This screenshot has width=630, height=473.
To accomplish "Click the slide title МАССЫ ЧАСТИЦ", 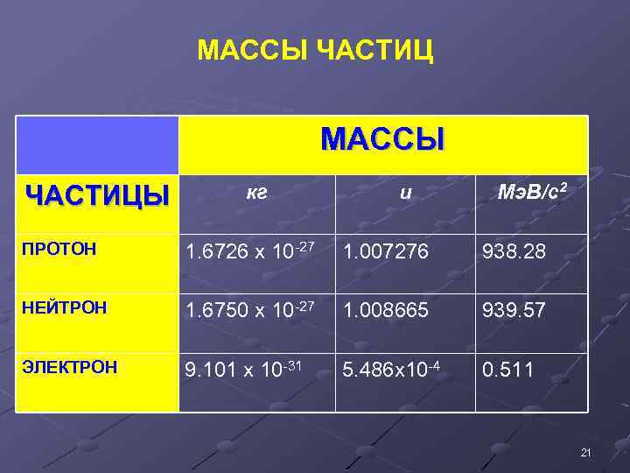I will pyautogui.click(x=315, y=51).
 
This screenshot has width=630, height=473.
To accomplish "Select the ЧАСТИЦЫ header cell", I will pyautogui.click(x=97, y=194).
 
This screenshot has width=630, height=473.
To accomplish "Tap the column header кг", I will pyautogui.click(x=256, y=193).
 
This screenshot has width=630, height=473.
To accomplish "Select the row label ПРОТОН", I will pyautogui.click(x=59, y=251).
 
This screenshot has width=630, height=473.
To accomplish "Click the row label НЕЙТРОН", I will pyautogui.click(x=66, y=307).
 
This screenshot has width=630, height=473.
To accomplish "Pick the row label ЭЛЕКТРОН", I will pyautogui.click(x=71, y=367).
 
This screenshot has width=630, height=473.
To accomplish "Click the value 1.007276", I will pyautogui.click(x=386, y=252).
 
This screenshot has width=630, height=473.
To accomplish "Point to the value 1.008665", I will pyautogui.click(x=386, y=309).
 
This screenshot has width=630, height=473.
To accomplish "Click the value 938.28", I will pyautogui.click(x=514, y=252).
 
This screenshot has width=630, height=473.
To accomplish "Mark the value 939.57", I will pyautogui.click(x=514, y=309).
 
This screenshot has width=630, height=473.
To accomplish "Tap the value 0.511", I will pyautogui.click(x=508, y=369).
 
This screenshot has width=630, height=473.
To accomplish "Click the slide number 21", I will pyautogui.click(x=586, y=452).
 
